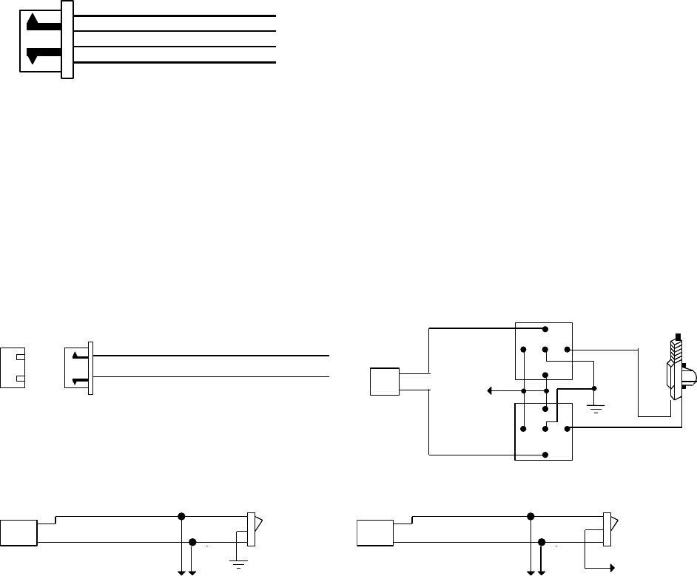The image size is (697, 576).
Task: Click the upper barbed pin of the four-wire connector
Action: click(x=41, y=24)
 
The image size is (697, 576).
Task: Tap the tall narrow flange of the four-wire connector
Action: click(x=67, y=39)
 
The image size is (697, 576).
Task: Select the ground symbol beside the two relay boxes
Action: click(x=595, y=405)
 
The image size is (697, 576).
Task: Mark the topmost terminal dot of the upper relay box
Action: click(x=545, y=328)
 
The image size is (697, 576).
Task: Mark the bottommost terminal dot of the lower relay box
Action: click(x=545, y=454)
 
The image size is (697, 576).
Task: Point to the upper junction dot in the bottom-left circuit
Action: click(x=181, y=515)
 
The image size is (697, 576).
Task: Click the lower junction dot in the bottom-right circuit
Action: click(x=542, y=543)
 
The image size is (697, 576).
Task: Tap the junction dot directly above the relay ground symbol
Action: click(x=595, y=389)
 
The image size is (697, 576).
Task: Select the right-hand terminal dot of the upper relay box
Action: click(x=567, y=349)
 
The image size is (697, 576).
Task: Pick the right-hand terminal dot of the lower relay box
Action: click(x=567, y=428)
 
